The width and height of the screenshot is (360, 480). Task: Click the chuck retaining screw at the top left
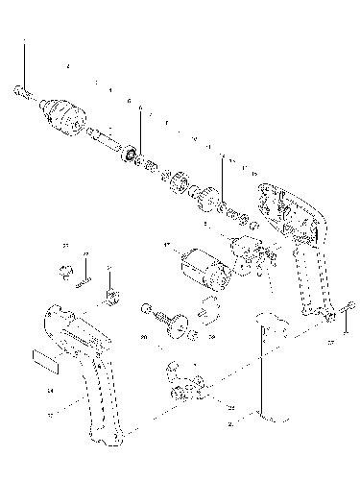click(22, 93)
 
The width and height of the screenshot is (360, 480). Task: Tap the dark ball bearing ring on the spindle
click(128, 154)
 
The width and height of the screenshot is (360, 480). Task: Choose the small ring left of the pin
click(66, 271)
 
